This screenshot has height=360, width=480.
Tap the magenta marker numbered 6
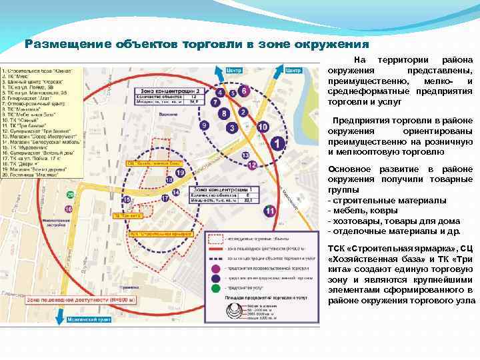point(244,91)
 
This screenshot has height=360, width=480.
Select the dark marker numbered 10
point(263,127)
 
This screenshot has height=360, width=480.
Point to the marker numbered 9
point(205,125)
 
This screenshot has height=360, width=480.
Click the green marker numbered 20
point(70,195)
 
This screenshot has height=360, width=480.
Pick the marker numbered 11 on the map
point(269,211)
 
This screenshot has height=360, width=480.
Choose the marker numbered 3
point(231,127)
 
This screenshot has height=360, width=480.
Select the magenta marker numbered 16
point(68,209)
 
